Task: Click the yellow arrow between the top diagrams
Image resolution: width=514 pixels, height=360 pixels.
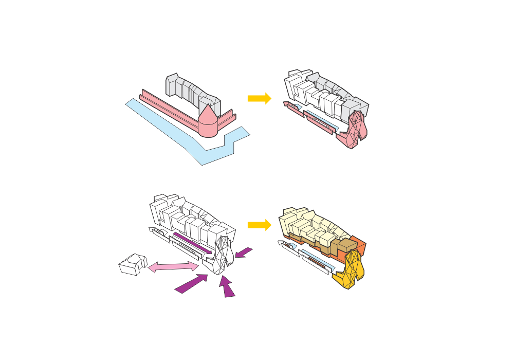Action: (259, 98)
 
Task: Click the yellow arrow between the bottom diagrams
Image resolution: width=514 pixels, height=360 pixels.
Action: (259, 225)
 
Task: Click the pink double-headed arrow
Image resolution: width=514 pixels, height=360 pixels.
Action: (173, 266)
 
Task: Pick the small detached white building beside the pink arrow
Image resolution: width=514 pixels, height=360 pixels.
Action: (133, 264)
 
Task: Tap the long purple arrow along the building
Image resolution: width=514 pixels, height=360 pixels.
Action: (192, 242)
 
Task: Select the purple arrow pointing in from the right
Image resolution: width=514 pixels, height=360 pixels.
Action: (244, 253)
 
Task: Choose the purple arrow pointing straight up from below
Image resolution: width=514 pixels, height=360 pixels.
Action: (227, 287)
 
